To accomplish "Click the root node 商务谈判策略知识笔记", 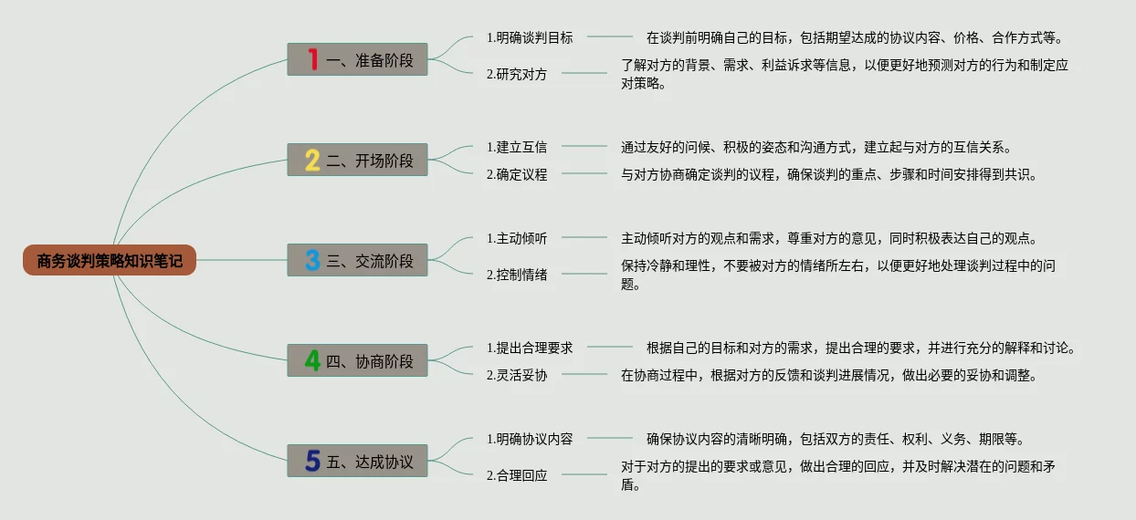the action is pyautogui.click(x=110, y=261).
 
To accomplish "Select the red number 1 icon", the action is pyautogui.click(x=313, y=60).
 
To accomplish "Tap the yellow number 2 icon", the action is pyautogui.click(x=312, y=161).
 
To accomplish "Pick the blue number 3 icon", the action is pyautogui.click(x=312, y=261).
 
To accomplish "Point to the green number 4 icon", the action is pyautogui.click(x=312, y=361).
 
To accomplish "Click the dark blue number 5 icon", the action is pyautogui.click(x=312, y=462).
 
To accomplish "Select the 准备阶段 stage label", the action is pyautogui.click(x=370, y=60).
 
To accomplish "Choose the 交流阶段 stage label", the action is pyautogui.click(x=370, y=261).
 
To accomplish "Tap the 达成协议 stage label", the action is pyautogui.click(x=370, y=462).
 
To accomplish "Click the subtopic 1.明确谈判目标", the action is pyautogui.click(x=530, y=37).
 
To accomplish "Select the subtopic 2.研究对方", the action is pyautogui.click(x=517, y=74).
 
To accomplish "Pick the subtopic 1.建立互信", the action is pyautogui.click(x=517, y=147).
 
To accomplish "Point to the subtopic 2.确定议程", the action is pyautogui.click(x=517, y=174).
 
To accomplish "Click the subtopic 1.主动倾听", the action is pyautogui.click(x=517, y=238).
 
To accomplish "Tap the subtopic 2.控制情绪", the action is pyautogui.click(x=517, y=275).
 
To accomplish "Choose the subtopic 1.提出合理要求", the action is pyautogui.click(x=530, y=348).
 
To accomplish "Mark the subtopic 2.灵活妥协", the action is pyautogui.click(x=517, y=375).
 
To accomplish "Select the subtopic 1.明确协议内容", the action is pyautogui.click(x=530, y=439).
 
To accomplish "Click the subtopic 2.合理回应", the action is pyautogui.click(x=517, y=475).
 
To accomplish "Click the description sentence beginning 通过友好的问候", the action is pyautogui.click(x=815, y=147).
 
